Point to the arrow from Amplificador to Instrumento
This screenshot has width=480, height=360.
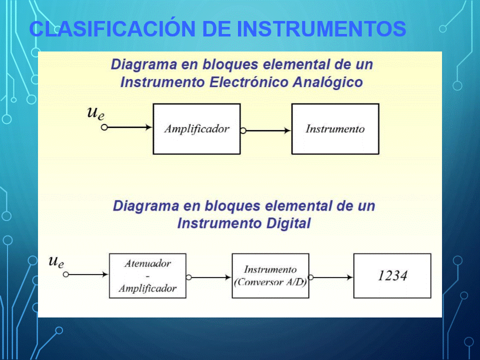[268, 130]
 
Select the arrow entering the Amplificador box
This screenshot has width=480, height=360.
[130, 127]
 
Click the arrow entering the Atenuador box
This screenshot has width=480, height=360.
[88, 274]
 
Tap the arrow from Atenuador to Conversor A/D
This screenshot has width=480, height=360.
[211, 277]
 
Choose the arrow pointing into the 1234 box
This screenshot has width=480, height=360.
[333, 277]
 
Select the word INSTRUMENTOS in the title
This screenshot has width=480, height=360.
[321, 29]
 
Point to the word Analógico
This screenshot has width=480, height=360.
[327, 82]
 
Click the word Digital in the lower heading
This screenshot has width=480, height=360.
[288, 223]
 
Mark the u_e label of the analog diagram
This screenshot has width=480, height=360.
[96, 113]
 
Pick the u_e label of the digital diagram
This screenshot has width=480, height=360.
[56, 261]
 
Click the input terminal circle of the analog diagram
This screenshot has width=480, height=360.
[104, 127]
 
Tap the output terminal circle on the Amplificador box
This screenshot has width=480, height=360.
[243, 130]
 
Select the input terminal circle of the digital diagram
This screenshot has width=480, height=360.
[66, 274]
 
